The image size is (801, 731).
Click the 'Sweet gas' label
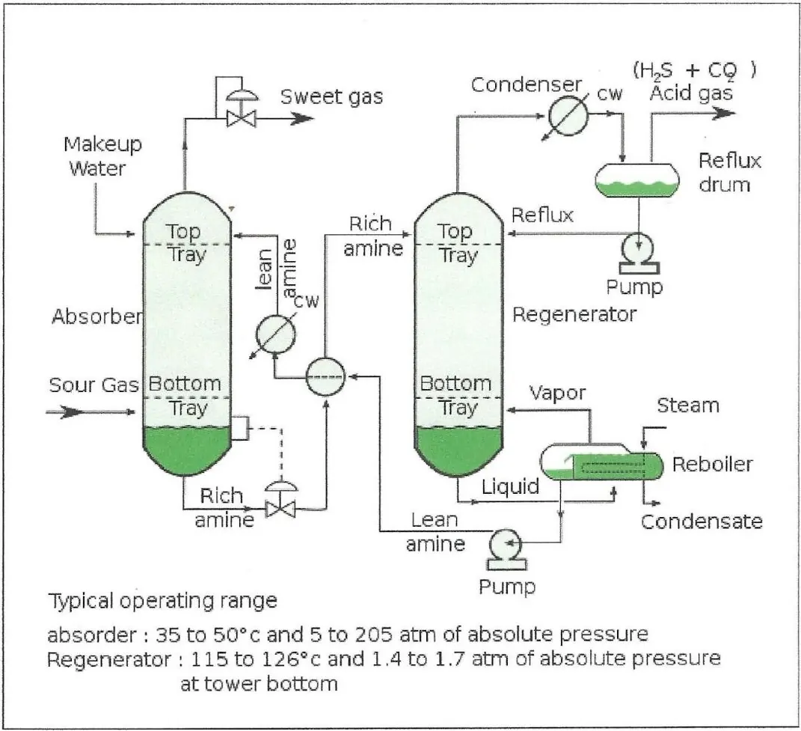pyautogui.click(x=331, y=97)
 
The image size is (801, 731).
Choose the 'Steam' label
pyautogui.click(x=687, y=406)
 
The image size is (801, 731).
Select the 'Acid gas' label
pyautogui.click(x=692, y=94)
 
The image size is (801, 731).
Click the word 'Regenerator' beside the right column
pyautogui.click(x=574, y=314)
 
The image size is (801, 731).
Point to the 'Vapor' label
pyautogui.click(x=557, y=394)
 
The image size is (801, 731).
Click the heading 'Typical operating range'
pyautogui.click(x=162, y=600)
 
